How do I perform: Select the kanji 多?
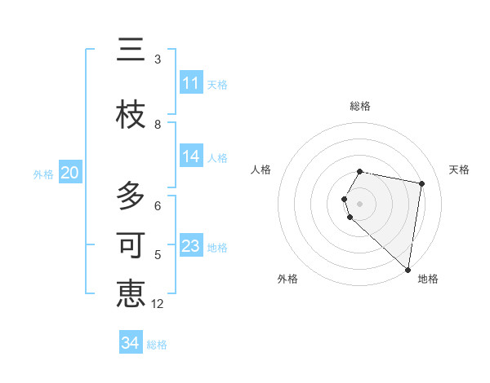point(131,196)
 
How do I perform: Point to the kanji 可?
point(131,245)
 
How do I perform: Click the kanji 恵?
point(131,293)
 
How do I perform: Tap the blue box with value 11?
point(191,83)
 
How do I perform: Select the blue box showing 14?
point(191,157)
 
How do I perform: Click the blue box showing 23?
point(191,246)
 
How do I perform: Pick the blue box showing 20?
point(69,173)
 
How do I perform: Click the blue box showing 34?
point(131,343)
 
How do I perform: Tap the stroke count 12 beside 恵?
point(158,303)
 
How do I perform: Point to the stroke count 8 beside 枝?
point(158,124)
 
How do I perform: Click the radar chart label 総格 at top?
point(360,106)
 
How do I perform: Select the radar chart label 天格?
point(459,169)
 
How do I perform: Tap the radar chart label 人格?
point(261,169)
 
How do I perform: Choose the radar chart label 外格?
point(287,279)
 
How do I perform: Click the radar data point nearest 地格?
point(408,270)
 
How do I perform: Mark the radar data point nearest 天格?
point(421,183)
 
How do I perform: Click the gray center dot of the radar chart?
point(360,203)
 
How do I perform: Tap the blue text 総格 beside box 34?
point(157,345)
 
